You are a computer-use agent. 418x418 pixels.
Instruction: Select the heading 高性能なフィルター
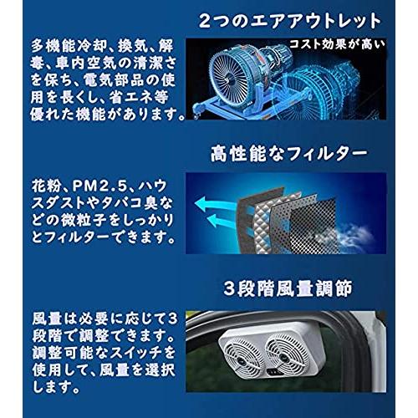pyautogui.click(x=289, y=153)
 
